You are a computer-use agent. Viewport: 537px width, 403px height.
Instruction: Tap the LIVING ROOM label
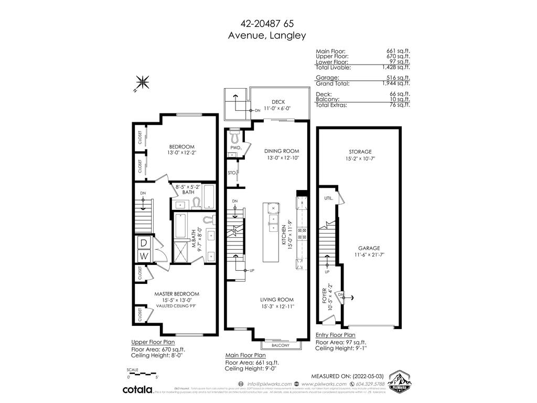[277, 300]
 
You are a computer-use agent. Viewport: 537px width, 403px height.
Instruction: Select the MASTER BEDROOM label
[176, 294]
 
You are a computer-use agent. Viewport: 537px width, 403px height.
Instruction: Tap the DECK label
[278, 102]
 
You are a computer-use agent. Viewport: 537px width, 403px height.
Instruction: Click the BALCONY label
[281, 345]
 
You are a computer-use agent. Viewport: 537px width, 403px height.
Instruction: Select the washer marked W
[143, 256]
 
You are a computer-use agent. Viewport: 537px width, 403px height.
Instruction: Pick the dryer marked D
[143, 243]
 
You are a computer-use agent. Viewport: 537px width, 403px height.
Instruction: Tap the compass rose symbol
[142, 83]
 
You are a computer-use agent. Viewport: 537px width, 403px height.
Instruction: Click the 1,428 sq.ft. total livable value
[398, 68]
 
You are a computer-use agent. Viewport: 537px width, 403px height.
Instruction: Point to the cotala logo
[137, 389]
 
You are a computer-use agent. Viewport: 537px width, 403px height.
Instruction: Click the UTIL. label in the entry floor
[328, 199]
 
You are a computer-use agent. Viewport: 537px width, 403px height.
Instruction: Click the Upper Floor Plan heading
[153, 342]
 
